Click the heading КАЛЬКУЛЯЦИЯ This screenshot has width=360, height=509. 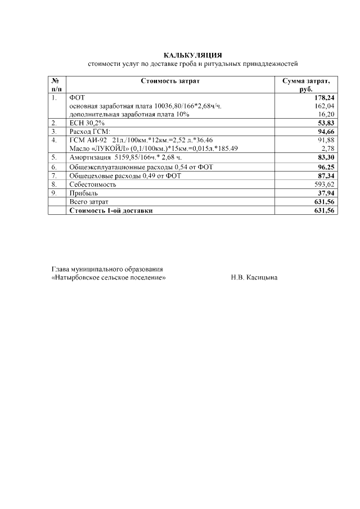click(193, 55)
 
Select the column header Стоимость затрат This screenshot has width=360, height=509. click(170, 81)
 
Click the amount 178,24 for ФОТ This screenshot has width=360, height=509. click(324, 97)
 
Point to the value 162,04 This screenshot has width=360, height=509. click(325, 106)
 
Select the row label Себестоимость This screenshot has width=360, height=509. click(92, 184)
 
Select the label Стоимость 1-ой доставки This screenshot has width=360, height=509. click(110, 210)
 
